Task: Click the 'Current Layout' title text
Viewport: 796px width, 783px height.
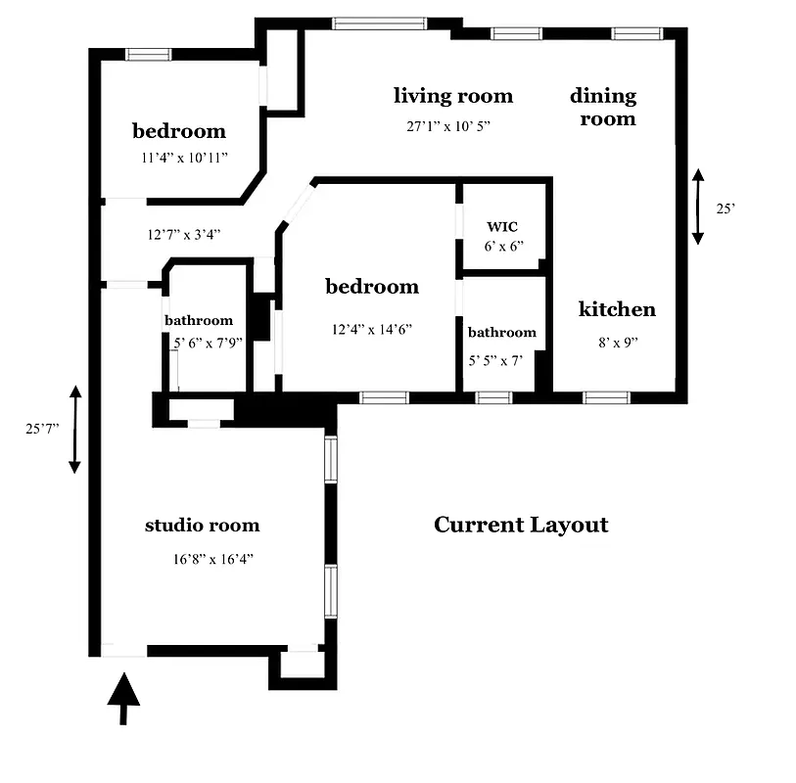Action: [x=521, y=525]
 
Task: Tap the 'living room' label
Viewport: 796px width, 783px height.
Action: [x=453, y=96]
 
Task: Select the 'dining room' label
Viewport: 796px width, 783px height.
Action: [x=604, y=108]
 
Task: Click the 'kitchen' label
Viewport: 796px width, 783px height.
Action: [x=617, y=309]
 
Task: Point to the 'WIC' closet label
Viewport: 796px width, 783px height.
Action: [x=502, y=227]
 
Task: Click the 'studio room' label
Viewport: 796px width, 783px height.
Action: [x=203, y=526]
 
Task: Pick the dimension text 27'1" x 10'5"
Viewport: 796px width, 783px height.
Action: [x=448, y=126]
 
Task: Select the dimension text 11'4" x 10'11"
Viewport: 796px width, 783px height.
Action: [x=184, y=157]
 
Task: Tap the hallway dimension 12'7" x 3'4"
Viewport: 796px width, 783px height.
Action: [x=184, y=234]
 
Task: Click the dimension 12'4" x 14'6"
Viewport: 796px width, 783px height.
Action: [x=371, y=330]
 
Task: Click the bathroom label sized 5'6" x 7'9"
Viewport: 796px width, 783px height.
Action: [x=199, y=320]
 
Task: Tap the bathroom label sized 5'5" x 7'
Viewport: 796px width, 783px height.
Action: [x=502, y=333]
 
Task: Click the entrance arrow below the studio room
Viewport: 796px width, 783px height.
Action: [x=123, y=698]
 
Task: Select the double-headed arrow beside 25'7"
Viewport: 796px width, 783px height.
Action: [x=74, y=430]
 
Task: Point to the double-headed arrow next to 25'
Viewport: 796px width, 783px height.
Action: [x=698, y=207]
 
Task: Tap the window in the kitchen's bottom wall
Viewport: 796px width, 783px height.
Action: [x=607, y=397]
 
